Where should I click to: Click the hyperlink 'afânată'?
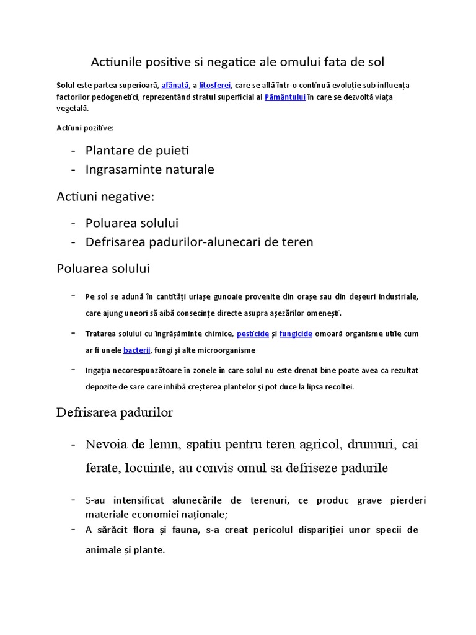[175, 85]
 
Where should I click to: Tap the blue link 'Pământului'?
[285, 97]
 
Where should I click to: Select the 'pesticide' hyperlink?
[253, 334]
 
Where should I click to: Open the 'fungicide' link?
[296, 334]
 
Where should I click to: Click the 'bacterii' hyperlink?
[137, 350]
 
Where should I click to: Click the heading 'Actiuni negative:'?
[105, 197]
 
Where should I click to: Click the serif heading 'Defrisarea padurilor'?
[115, 412]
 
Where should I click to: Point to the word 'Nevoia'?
[107, 445]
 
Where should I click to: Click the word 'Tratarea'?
[101, 334]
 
